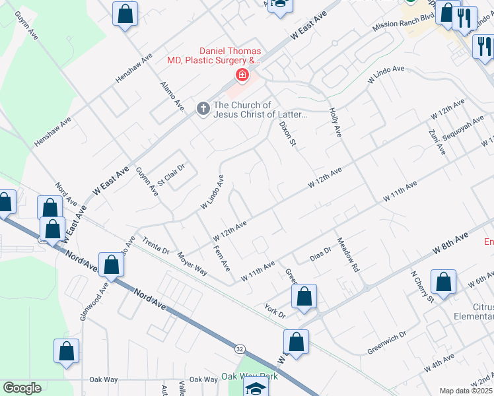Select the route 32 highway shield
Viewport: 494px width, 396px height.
[239, 348]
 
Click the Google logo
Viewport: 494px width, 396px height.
[22, 388]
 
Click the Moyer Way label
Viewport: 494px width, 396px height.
[192, 263]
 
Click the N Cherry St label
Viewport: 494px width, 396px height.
[421, 286]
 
